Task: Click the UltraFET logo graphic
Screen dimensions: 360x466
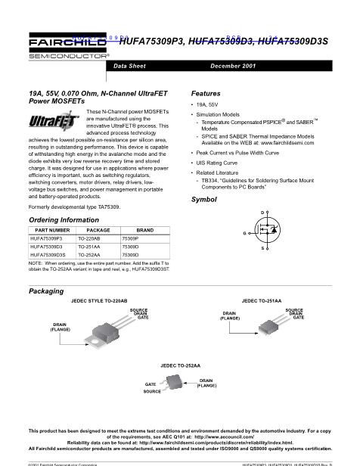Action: (46, 122)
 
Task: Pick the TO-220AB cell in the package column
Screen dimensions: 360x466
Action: (93, 238)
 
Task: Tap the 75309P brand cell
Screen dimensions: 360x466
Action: (130, 238)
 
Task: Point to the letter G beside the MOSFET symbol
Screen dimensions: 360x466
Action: (244, 233)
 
